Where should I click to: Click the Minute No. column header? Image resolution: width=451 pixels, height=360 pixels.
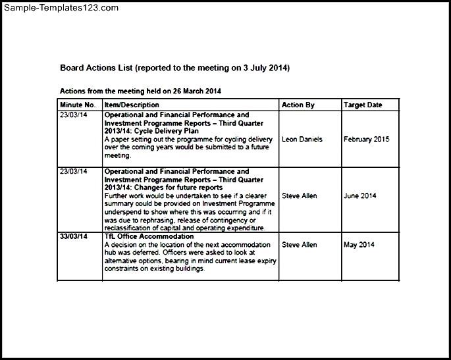click(x=78, y=105)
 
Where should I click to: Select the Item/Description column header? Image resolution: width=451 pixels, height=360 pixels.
click(x=132, y=105)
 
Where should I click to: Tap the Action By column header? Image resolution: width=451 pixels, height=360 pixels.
click(x=298, y=105)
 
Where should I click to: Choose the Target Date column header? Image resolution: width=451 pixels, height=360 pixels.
click(x=361, y=105)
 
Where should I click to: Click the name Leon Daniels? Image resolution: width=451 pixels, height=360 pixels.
click(x=302, y=139)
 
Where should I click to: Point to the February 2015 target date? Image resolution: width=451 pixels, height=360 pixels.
click(x=366, y=139)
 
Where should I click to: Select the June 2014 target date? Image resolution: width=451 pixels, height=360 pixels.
click(x=359, y=195)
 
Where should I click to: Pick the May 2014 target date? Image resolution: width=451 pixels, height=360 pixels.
click(x=358, y=245)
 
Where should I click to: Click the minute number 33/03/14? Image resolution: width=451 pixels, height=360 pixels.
click(x=74, y=236)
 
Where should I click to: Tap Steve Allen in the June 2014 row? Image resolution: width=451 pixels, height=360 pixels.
click(x=299, y=195)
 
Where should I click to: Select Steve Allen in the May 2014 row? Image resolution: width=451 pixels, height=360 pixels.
click(x=299, y=245)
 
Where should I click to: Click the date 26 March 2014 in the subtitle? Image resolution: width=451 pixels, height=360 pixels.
click(x=203, y=90)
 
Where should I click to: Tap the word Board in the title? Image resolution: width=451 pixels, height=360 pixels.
click(x=72, y=68)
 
